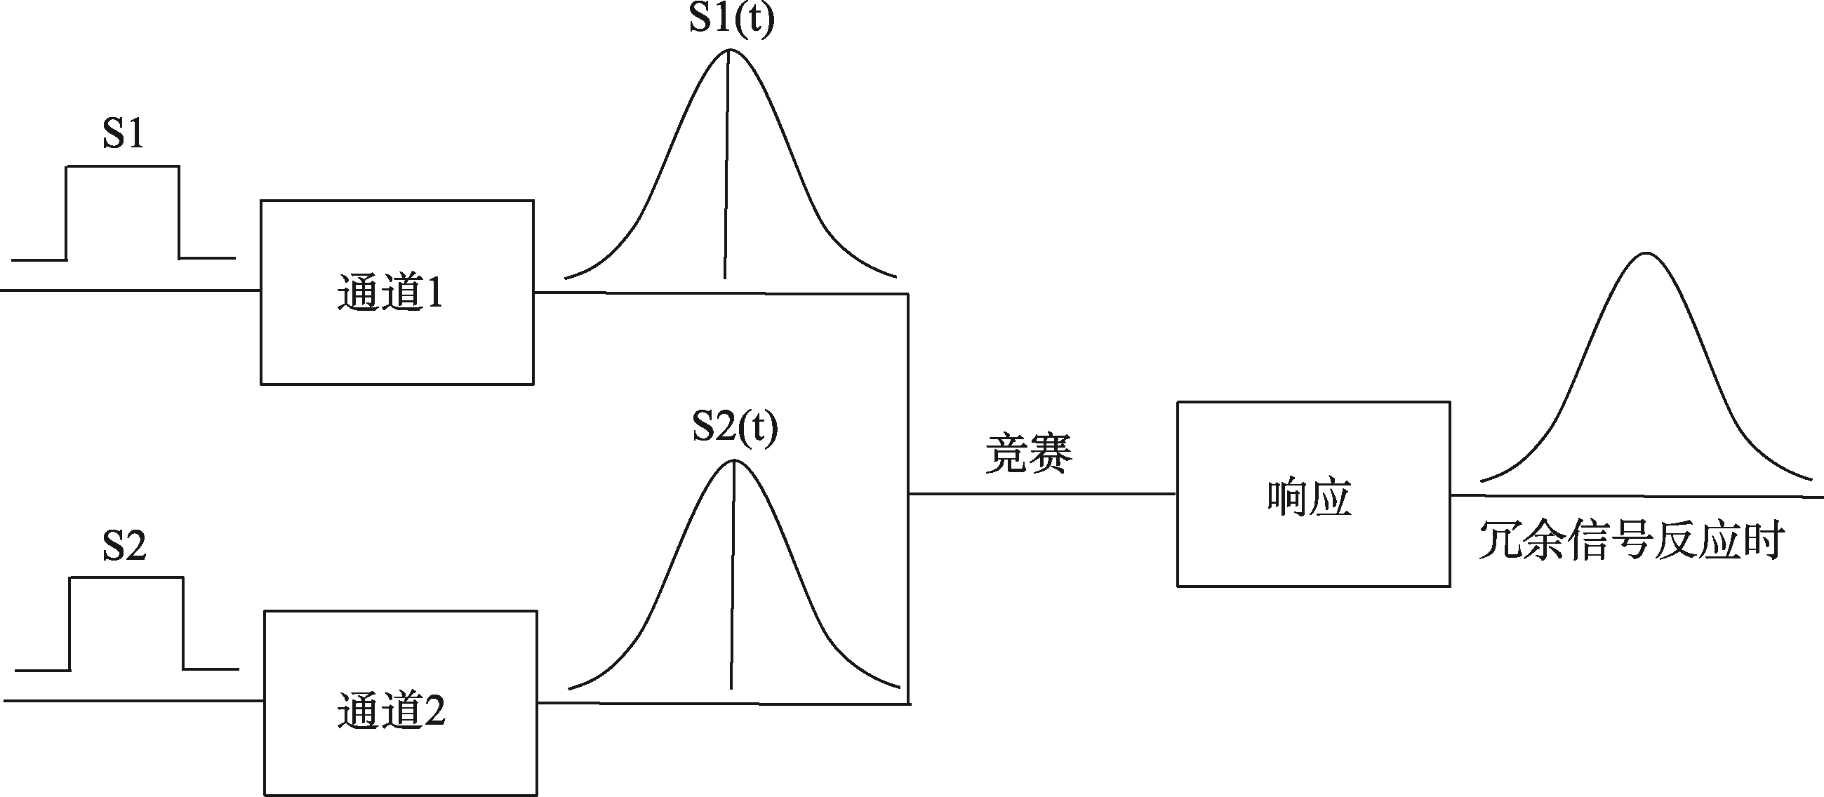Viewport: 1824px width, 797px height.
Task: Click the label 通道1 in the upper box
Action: (390, 293)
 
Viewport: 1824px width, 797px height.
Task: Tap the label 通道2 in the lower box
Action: (392, 711)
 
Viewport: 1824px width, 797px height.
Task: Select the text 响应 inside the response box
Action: (1310, 498)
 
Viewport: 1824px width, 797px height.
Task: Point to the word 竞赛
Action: (1029, 453)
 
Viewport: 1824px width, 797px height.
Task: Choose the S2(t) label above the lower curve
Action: (735, 427)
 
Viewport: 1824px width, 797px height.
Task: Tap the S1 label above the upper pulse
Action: (124, 133)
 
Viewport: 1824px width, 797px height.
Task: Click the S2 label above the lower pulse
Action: (124, 546)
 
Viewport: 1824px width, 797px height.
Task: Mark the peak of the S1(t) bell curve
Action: (730, 51)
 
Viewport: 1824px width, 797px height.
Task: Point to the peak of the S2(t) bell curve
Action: (734, 461)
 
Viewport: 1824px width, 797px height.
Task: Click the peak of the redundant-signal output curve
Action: (1646, 253)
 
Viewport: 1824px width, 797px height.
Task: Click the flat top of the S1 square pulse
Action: (123, 167)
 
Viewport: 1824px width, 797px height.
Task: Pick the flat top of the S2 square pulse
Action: (126, 577)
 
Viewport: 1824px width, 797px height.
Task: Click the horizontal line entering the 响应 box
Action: (1041, 494)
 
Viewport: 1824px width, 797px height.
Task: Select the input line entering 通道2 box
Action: (135, 701)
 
